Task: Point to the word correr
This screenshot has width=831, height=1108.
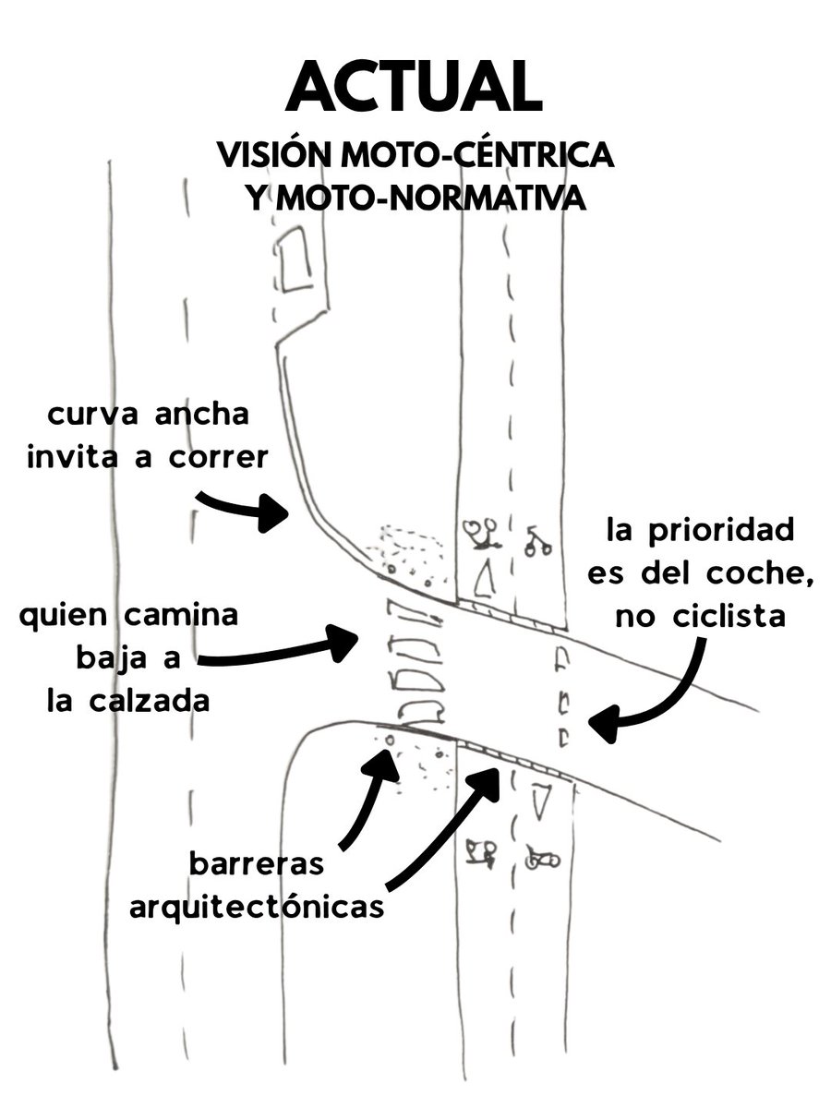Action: click(x=208, y=456)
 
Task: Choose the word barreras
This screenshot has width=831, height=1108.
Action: click(x=257, y=865)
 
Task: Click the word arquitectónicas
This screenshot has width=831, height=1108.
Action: click(x=257, y=908)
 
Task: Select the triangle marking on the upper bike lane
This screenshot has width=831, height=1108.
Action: click(x=480, y=580)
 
